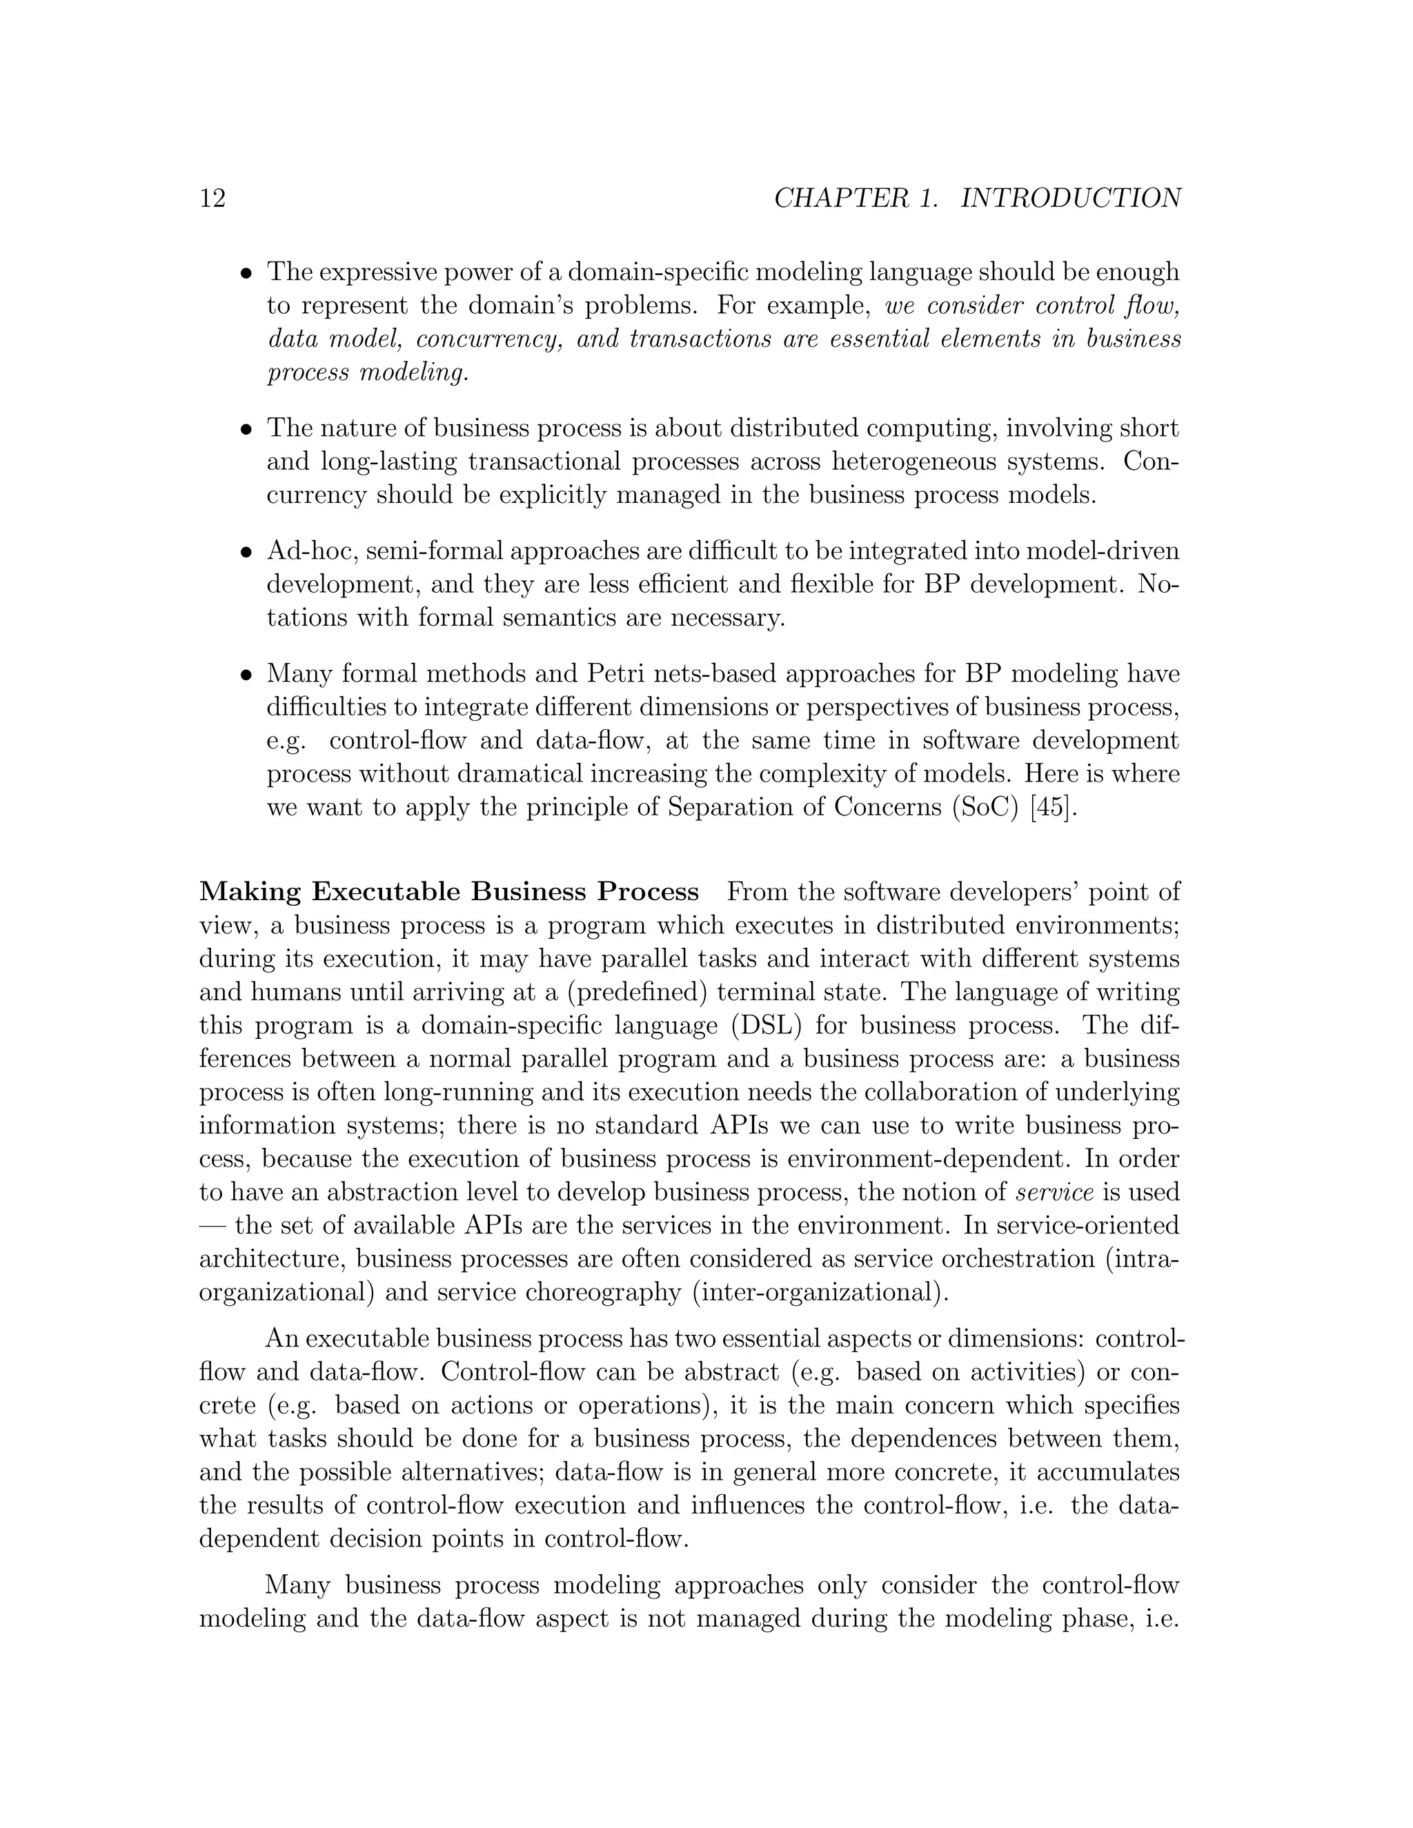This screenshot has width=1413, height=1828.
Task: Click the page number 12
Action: tap(213, 199)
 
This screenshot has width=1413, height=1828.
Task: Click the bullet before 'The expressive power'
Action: tap(246, 274)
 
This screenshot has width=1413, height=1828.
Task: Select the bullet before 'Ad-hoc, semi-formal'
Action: tap(246, 553)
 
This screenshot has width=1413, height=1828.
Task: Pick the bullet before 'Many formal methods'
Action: tap(246, 675)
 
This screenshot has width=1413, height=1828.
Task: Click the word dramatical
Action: tap(515, 774)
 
